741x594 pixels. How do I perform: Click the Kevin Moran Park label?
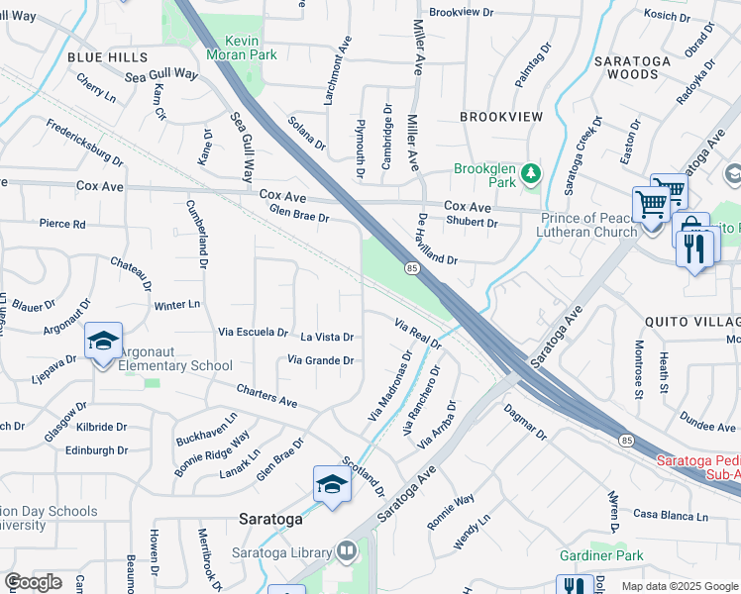236,48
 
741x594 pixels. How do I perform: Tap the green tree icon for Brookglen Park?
531,175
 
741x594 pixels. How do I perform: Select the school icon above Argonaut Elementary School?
103,342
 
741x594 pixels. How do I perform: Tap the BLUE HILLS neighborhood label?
107,57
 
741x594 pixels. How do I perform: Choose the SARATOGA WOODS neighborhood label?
632,67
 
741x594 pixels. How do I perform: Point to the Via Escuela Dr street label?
254,333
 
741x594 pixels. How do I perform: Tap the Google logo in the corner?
32,582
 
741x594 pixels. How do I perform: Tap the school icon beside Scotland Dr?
332,484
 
